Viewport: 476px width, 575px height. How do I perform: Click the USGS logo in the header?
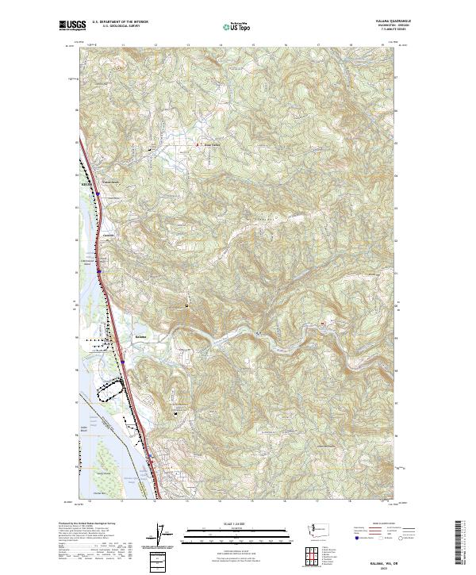[x=72, y=25]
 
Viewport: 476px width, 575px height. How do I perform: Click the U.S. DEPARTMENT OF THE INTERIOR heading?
[x=118, y=21]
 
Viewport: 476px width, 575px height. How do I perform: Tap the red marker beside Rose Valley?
[x=198, y=145]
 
